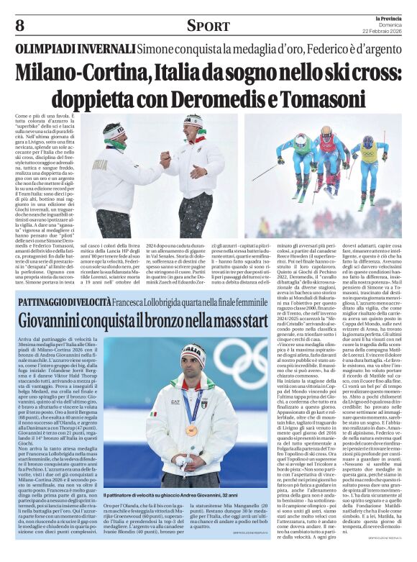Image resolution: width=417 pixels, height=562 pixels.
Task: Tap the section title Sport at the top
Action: [208, 26]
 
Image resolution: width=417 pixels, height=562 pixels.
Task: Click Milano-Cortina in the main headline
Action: [80, 73]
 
